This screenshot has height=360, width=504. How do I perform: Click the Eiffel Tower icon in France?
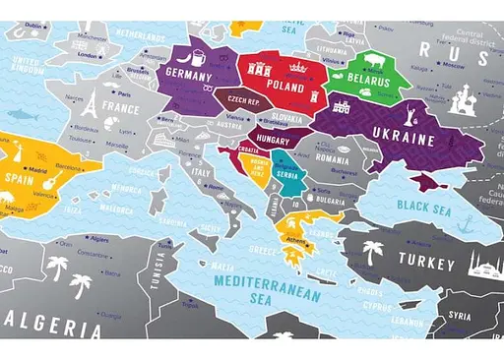tap(88, 103)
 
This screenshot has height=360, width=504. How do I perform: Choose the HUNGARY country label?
tap(271, 141)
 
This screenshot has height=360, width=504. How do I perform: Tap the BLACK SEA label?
tap(423, 206)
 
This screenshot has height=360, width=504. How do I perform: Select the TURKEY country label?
tap(426, 264)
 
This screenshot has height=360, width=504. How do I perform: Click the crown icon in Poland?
tap(296, 67)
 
